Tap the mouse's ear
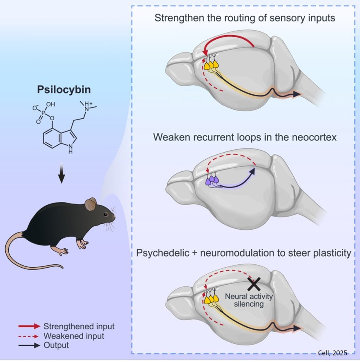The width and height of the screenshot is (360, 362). click(91, 204)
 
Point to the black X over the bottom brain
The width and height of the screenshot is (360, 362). click(254, 284)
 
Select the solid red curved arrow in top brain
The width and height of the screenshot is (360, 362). click(232, 39)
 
